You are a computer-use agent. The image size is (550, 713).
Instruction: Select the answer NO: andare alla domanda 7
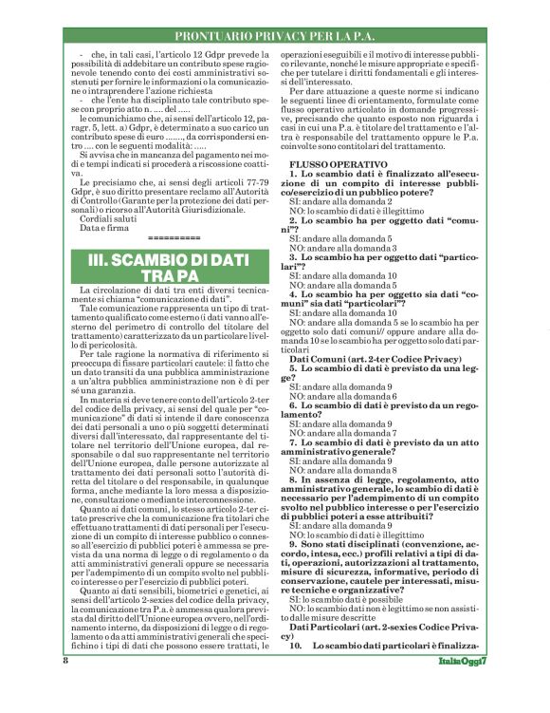click(x=339, y=428)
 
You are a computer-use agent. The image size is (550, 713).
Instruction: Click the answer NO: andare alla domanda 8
click(x=339, y=470)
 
